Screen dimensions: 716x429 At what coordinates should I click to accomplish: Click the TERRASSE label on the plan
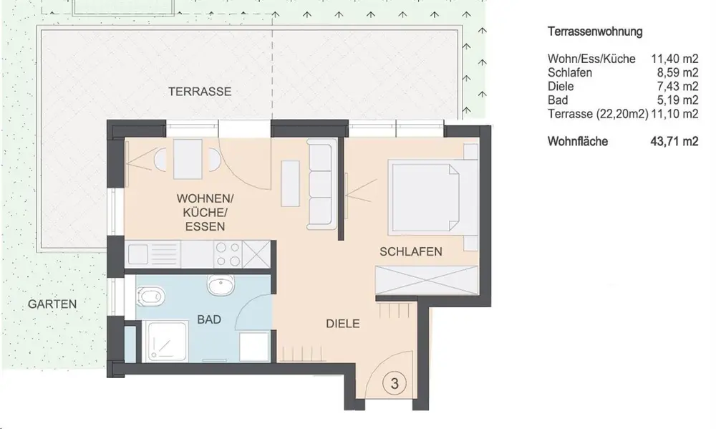[200, 92]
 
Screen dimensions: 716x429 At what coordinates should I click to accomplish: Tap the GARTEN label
[52, 304]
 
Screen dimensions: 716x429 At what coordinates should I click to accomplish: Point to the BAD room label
[209, 319]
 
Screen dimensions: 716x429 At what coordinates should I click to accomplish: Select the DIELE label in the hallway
[342, 324]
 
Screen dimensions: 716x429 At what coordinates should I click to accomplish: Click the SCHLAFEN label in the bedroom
[410, 251]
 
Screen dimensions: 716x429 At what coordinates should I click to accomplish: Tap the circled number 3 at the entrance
[395, 383]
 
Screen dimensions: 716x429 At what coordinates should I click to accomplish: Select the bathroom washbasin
[222, 285]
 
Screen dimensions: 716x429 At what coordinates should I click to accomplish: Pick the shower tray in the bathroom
[165, 341]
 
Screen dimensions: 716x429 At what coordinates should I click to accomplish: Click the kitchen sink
[153, 254]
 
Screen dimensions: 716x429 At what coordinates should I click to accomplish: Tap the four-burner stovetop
[228, 254]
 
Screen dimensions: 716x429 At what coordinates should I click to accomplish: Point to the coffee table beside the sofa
[290, 183]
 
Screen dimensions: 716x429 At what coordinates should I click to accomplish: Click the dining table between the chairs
[188, 159]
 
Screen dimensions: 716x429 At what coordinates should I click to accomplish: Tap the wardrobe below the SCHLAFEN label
[426, 279]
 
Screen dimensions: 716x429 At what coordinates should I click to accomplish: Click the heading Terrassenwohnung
[595, 32]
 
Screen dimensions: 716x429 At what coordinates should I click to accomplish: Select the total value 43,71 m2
[674, 142]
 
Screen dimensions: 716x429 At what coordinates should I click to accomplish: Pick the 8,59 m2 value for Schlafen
[677, 72]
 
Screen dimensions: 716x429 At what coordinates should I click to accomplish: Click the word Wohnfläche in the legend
[578, 142]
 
